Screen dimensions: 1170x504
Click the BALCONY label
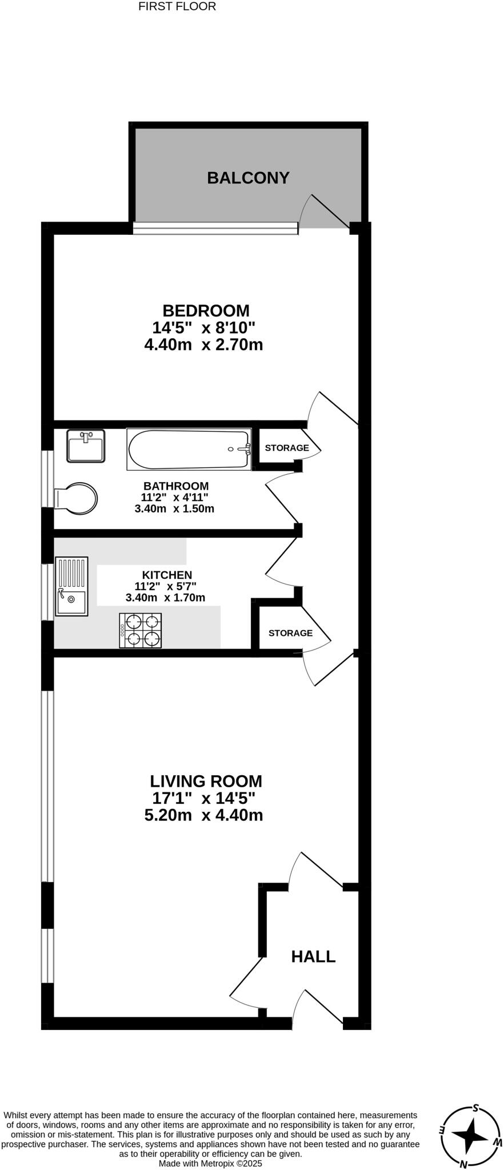pyautogui.click(x=248, y=178)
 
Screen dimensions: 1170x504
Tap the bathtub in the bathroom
pyautogui.click(x=189, y=450)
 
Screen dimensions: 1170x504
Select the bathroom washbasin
pyautogui.click(x=86, y=446)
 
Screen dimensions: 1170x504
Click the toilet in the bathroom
pyautogui.click(x=77, y=498)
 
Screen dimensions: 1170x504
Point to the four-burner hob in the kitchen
pyautogui.click(x=140, y=630)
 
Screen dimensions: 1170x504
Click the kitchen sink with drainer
pyautogui.click(x=71, y=586)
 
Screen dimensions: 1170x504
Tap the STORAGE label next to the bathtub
pyautogui.click(x=286, y=448)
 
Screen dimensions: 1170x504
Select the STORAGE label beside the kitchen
pyautogui.click(x=290, y=633)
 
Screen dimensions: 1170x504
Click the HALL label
pyautogui.click(x=313, y=956)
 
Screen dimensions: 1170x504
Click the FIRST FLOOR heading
pyautogui.click(x=177, y=7)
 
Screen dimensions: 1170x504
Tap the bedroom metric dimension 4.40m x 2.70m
pyautogui.click(x=203, y=345)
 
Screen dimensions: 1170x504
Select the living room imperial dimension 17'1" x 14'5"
pyautogui.click(x=203, y=798)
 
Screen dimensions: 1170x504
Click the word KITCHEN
pyautogui.click(x=167, y=575)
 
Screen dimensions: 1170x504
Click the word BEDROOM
pyautogui.click(x=206, y=311)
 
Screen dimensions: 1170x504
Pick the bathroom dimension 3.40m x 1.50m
pyautogui.click(x=174, y=508)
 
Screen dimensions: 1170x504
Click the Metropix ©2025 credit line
pyautogui.click(x=210, y=1163)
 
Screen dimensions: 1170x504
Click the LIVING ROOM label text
pyautogui.click(x=206, y=781)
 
